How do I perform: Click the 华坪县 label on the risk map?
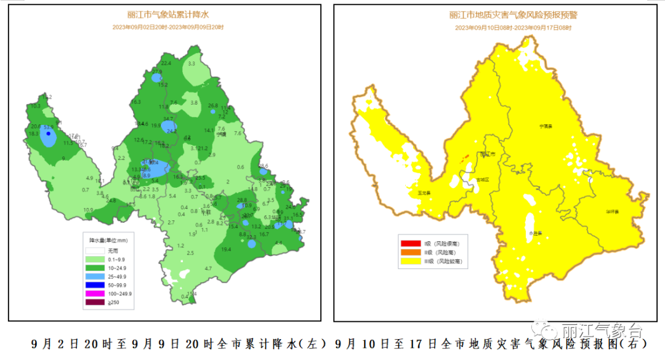point(611,211)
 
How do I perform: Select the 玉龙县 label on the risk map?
point(424,193)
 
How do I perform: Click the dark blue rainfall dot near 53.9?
point(49,133)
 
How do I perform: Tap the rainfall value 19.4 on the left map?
point(225,249)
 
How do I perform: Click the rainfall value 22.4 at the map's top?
point(166,63)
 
